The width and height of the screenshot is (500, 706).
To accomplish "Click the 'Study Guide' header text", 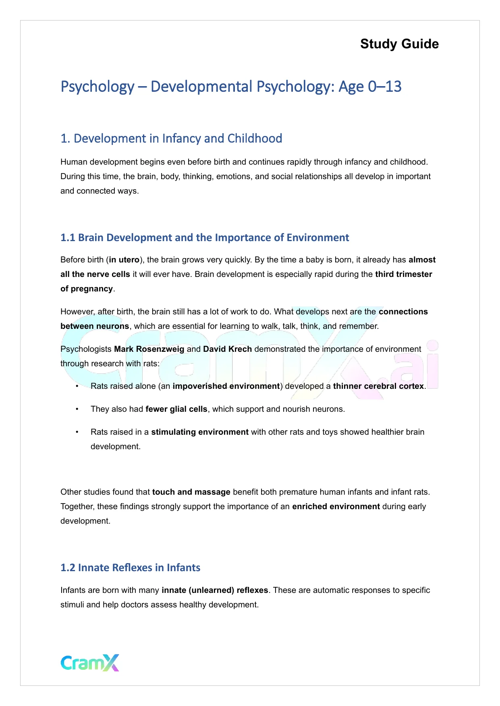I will [399, 44].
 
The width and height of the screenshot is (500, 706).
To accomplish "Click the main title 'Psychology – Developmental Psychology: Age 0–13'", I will [231, 87].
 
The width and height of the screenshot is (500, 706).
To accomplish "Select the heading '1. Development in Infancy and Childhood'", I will [171, 138].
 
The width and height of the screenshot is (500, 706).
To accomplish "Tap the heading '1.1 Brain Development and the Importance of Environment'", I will [205, 237].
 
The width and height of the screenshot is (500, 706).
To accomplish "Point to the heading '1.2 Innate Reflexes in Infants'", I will [130, 568].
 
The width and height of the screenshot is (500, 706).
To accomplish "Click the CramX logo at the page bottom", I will [90, 663].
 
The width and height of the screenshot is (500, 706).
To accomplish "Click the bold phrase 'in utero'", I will [124, 260].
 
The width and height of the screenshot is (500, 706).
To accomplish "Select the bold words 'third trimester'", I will [403, 275].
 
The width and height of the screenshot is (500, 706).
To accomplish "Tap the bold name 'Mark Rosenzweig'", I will [149, 349].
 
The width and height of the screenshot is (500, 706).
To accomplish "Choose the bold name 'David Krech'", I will [227, 349].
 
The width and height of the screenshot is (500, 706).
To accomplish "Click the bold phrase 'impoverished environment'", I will [226, 386].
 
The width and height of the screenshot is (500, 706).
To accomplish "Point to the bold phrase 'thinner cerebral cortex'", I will [378, 386].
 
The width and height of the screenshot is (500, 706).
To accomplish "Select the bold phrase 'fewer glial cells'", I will [176, 409].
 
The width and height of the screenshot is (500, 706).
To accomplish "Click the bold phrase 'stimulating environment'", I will [199, 432].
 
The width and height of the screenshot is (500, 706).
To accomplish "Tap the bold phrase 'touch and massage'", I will [191, 492].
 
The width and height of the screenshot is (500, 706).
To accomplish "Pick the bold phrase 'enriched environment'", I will [336, 507].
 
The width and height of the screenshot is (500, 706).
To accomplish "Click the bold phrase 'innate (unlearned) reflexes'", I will [215, 590].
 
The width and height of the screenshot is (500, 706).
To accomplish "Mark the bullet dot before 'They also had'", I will [77, 409].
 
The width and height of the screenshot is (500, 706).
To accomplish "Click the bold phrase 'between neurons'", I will [95, 326].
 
